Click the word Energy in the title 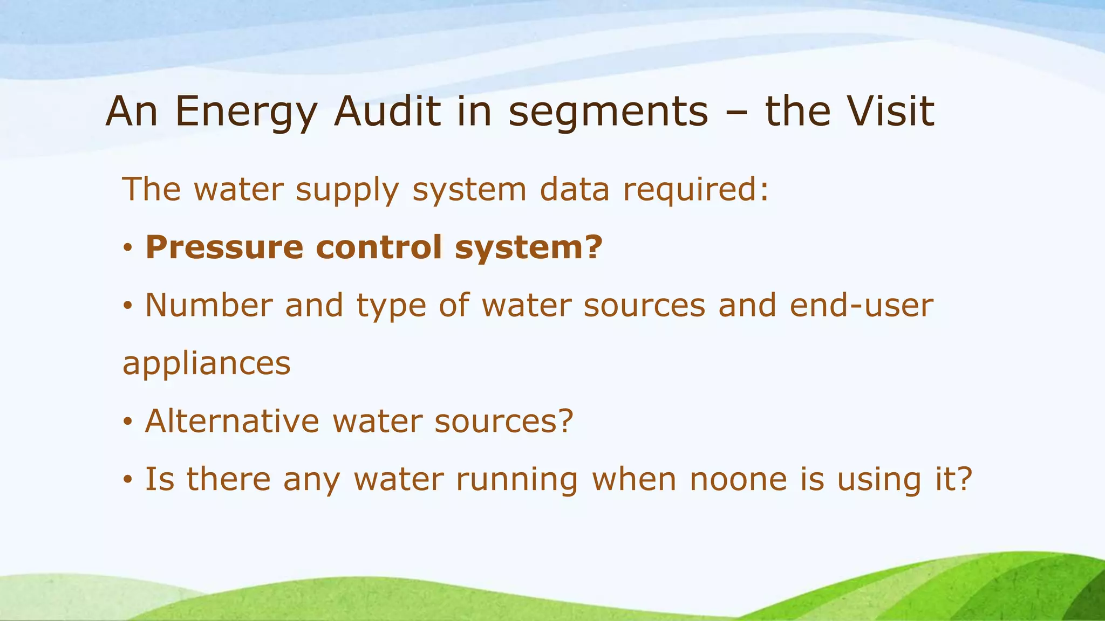coord(245,112)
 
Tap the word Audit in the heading coord(387,112)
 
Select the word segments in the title coord(608,112)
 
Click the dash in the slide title coord(737,113)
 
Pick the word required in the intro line coord(696,190)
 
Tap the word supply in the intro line coord(347,190)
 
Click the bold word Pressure coord(224,247)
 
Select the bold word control coord(378,247)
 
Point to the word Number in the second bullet coord(209,305)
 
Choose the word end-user coord(861,305)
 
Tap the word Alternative coord(232,421)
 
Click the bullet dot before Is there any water coord(127,480)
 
